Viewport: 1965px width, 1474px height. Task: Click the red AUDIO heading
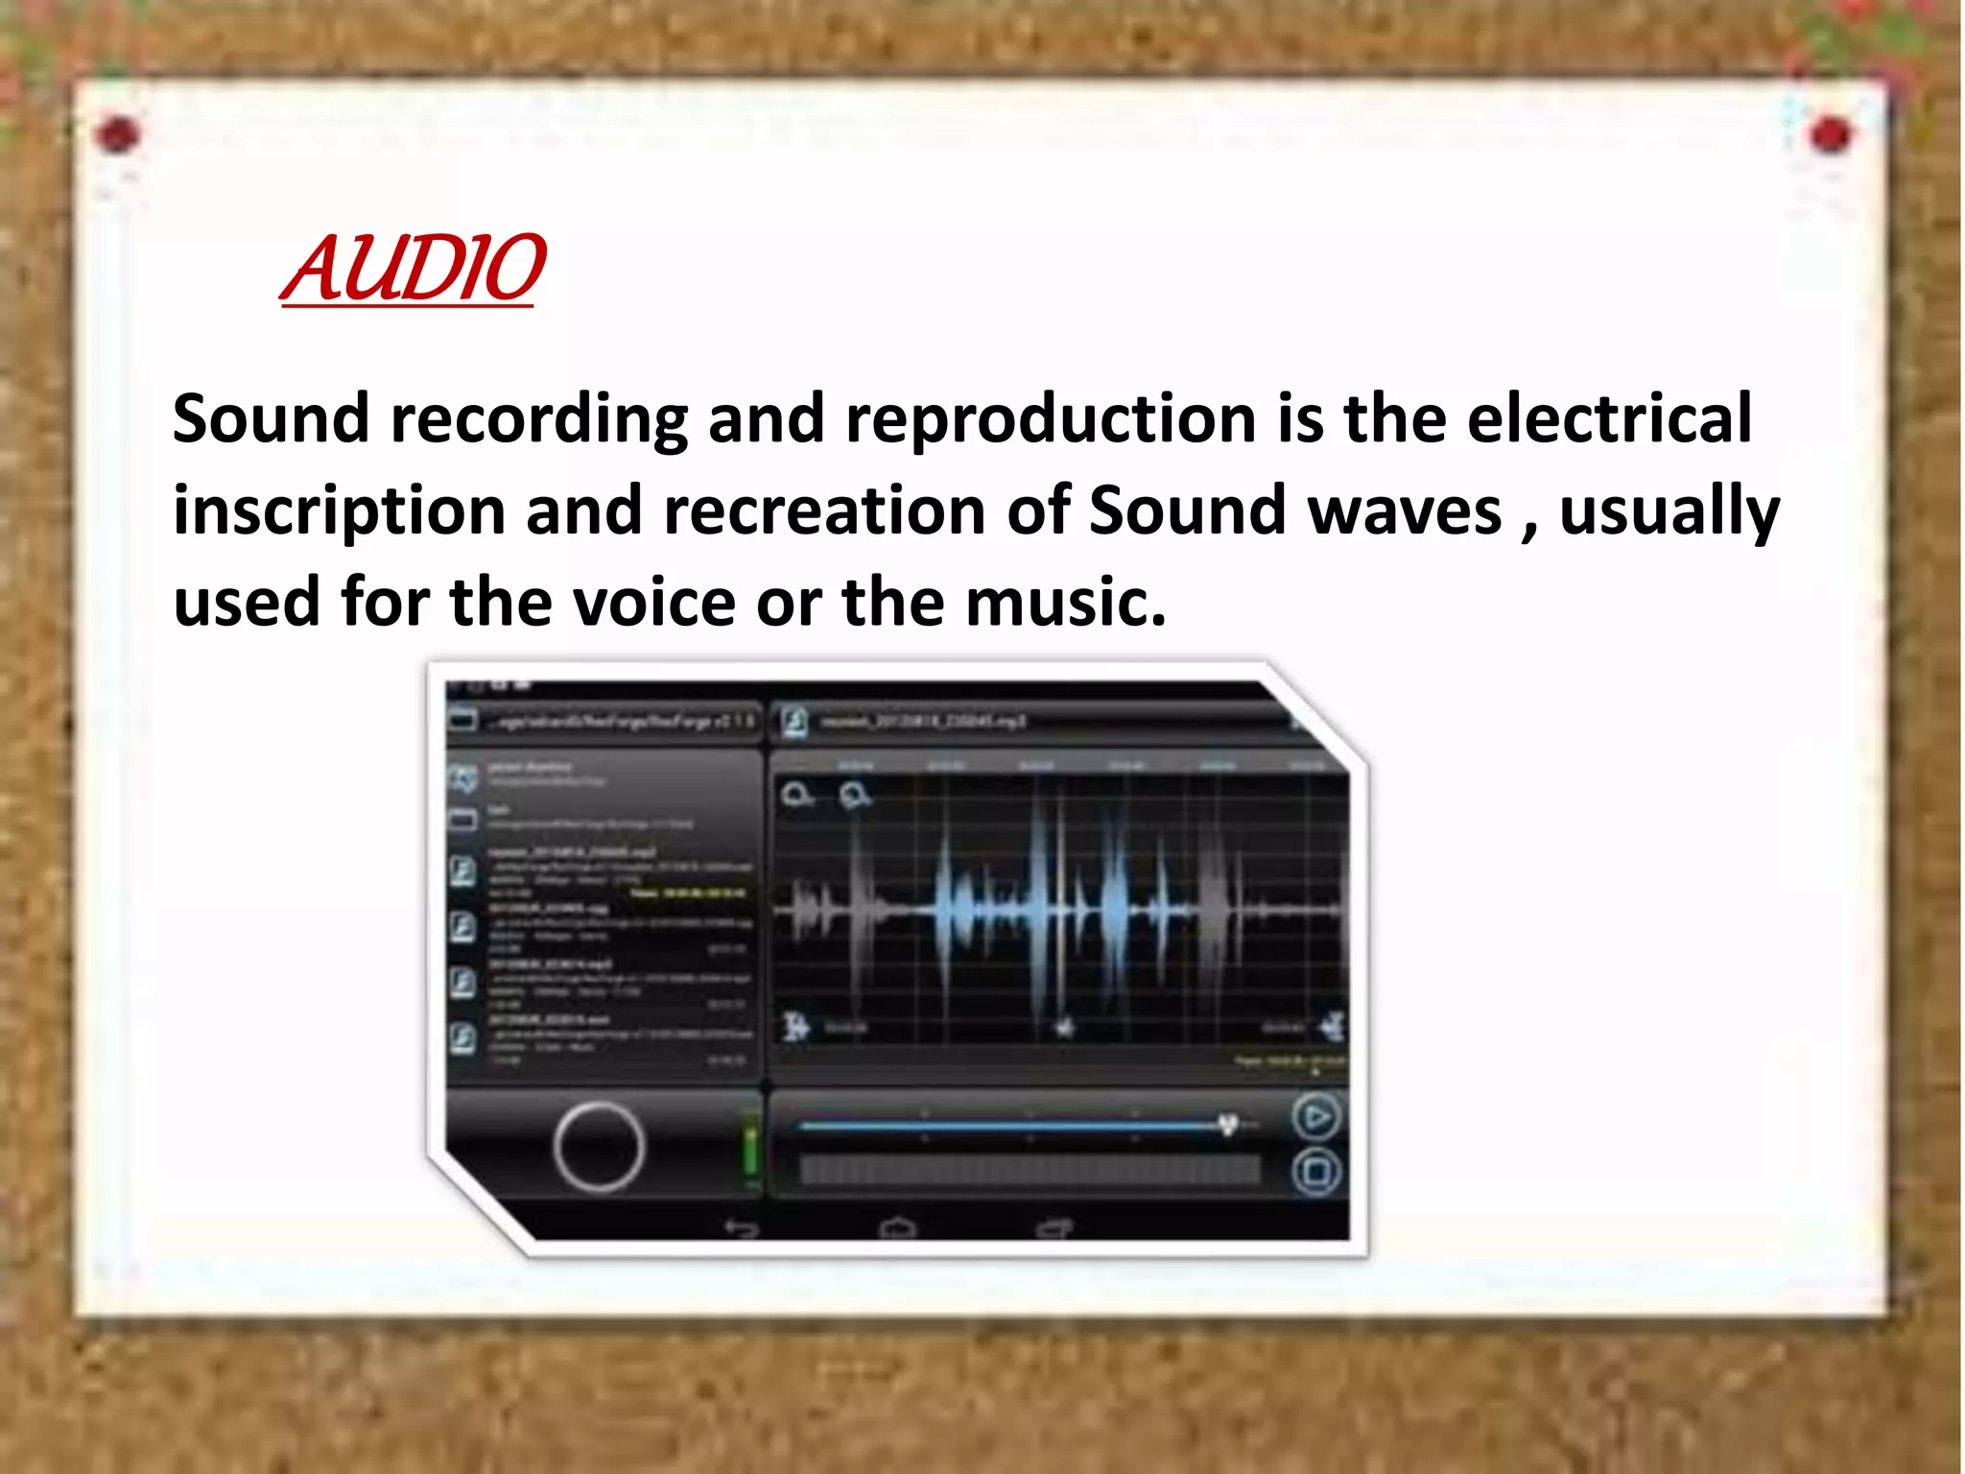pyautogui.click(x=413, y=269)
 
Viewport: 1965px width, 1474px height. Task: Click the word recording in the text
pyautogui.click(x=539, y=420)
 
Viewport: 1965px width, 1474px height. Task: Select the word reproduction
pyautogui.click(x=1051, y=420)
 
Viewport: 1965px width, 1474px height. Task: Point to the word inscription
pyautogui.click(x=339, y=511)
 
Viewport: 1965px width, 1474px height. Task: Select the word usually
pyautogui.click(x=1669, y=511)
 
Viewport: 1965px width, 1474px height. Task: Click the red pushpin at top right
pyautogui.click(x=1830, y=135)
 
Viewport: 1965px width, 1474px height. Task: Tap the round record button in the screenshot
pyautogui.click(x=598, y=1146)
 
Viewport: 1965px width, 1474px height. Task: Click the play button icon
pyautogui.click(x=1315, y=1117)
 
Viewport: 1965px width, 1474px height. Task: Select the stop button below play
pyautogui.click(x=1315, y=1172)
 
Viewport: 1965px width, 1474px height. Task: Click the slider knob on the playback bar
pyautogui.click(x=1227, y=1124)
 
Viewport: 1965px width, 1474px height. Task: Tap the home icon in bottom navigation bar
pyautogui.click(x=897, y=1227)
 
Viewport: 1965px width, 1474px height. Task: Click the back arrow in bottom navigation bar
pyautogui.click(x=741, y=1227)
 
